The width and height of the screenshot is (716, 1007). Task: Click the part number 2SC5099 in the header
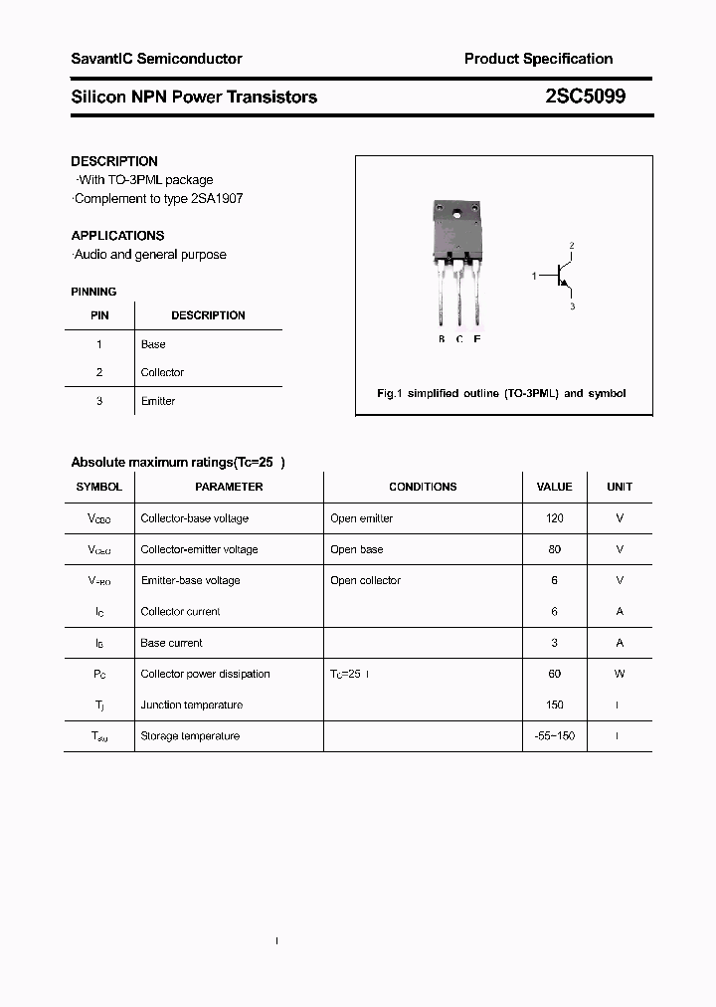(586, 97)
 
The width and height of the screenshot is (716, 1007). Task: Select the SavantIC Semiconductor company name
(156, 59)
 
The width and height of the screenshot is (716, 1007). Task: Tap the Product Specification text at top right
(538, 59)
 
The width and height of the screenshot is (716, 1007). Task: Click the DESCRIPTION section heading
(114, 161)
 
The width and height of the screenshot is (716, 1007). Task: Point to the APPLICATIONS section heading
(117, 236)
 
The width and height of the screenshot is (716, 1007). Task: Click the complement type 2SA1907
(217, 199)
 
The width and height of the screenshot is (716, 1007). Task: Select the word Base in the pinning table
(153, 344)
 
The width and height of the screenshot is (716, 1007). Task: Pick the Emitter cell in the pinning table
(157, 401)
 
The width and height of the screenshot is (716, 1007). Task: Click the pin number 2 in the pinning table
(99, 372)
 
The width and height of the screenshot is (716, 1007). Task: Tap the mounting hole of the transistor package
(458, 213)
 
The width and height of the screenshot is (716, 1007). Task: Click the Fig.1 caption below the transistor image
(501, 393)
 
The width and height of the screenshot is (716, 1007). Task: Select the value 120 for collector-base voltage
(554, 518)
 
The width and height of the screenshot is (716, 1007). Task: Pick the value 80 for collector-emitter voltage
(554, 549)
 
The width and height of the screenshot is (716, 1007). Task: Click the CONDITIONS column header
(423, 487)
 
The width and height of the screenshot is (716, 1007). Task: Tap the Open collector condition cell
(365, 580)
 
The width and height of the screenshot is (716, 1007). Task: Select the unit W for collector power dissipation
(619, 674)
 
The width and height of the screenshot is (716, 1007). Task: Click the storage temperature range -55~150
(554, 736)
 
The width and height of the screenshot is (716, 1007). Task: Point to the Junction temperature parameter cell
(191, 705)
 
